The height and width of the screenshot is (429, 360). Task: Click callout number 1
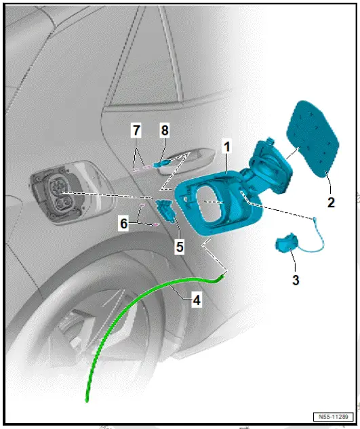point(228,146)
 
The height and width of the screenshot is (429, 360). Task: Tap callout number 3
point(295,279)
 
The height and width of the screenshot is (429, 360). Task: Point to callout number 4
point(196,300)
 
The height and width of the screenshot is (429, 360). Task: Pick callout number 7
point(136,129)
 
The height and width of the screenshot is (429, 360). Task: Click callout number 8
point(163,129)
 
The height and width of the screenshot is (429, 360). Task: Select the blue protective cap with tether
point(285,245)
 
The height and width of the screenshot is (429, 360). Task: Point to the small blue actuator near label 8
point(161,163)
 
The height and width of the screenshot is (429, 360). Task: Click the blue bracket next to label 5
point(165,211)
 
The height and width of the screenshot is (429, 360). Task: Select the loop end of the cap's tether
point(315,218)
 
